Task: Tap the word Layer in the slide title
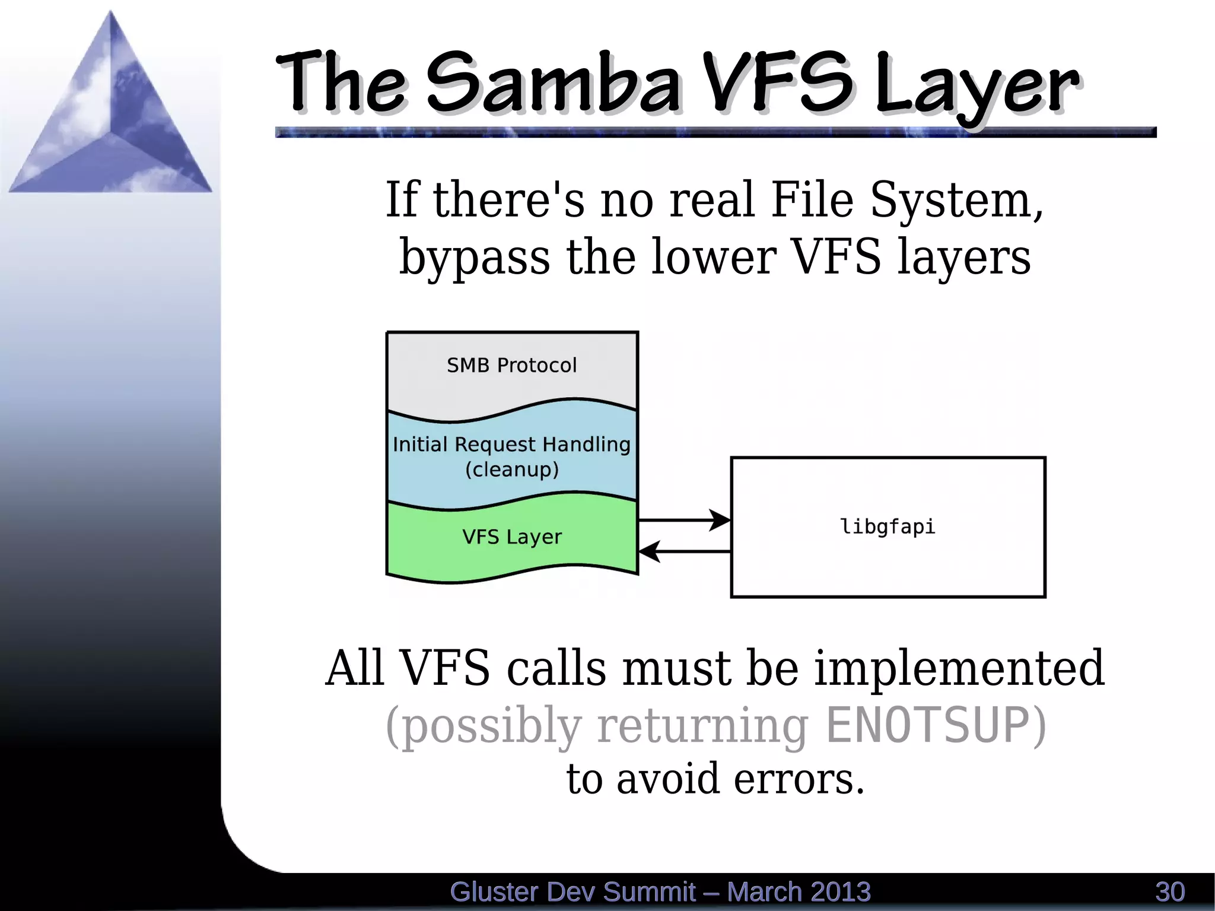coord(976,86)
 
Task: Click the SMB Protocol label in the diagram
coord(511,365)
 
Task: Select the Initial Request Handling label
coord(511,444)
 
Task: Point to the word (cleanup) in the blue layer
coord(511,469)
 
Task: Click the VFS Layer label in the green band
coord(511,537)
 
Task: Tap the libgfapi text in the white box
coord(888,526)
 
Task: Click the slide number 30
coord(1170,892)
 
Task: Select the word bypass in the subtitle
coord(475,258)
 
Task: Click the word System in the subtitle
coord(955,200)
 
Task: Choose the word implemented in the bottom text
coord(959,668)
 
